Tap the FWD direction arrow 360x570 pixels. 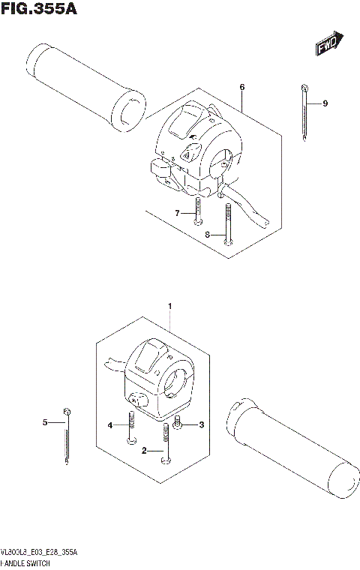coord(328,44)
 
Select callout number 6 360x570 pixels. coord(242,88)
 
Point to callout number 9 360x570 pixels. coord(325,103)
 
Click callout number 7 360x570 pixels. coord(178,214)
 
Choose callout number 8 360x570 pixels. coord(207,235)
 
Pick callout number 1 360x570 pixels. coord(170,306)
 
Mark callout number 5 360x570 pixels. coord(44,423)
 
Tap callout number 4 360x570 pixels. coord(110,426)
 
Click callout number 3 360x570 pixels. coord(200,426)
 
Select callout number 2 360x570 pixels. coord(143,451)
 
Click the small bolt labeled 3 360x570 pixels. coord(178,424)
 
